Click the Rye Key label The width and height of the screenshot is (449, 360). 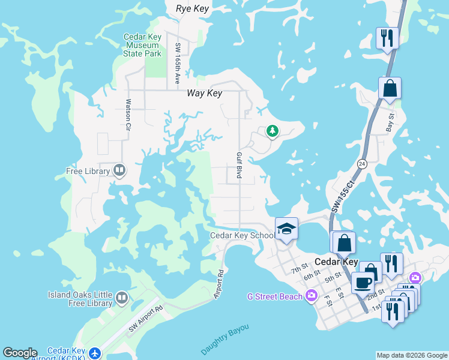click(x=191, y=8)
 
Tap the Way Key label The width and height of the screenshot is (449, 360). click(x=204, y=93)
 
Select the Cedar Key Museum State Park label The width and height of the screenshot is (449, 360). click(x=143, y=45)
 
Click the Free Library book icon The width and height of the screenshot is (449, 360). click(x=119, y=171)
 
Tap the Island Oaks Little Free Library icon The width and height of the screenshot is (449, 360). click(x=122, y=298)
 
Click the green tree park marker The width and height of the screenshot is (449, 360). click(x=273, y=131)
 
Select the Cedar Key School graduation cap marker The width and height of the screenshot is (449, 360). click(x=286, y=229)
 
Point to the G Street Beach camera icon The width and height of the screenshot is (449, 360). click(x=311, y=295)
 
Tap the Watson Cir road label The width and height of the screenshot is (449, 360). click(x=128, y=115)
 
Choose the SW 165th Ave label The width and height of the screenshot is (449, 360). click(x=178, y=58)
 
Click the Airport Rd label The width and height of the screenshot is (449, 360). click(x=220, y=284)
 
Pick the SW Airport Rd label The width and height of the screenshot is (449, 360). click(x=145, y=319)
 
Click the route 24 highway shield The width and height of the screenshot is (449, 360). click(x=361, y=163)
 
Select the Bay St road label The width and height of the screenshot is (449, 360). click(x=391, y=122)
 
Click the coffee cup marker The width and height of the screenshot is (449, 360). click(x=363, y=282)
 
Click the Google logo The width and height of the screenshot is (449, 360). click(x=20, y=353)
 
